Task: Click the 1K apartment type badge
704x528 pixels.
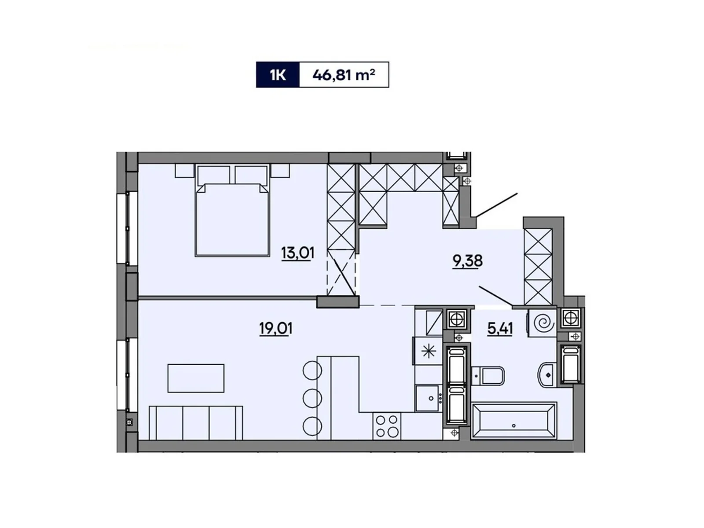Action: pyautogui.click(x=278, y=75)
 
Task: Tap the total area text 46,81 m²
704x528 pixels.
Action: pyautogui.click(x=344, y=75)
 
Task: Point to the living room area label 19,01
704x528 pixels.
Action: pyautogui.click(x=276, y=328)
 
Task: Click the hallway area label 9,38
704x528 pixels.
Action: pyautogui.click(x=468, y=261)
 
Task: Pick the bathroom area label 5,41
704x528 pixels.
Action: pyautogui.click(x=500, y=328)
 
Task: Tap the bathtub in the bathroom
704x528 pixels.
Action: pyautogui.click(x=513, y=421)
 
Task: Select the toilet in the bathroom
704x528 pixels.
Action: pyautogui.click(x=489, y=376)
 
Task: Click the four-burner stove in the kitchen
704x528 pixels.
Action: pyautogui.click(x=387, y=426)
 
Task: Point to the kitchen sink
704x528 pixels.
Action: pyautogui.click(x=428, y=398)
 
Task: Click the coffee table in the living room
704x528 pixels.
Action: pyautogui.click(x=196, y=378)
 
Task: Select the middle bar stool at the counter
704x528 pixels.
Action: pyautogui.click(x=312, y=398)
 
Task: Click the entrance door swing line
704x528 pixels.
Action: pyautogui.click(x=496, y=205)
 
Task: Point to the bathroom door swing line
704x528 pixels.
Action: pyautogui.click(x=495, y=295)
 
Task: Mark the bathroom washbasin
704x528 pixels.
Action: pyautogui.click(x=547, y=375)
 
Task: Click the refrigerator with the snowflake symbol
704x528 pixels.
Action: pyautogui.click(x=428, y=351)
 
